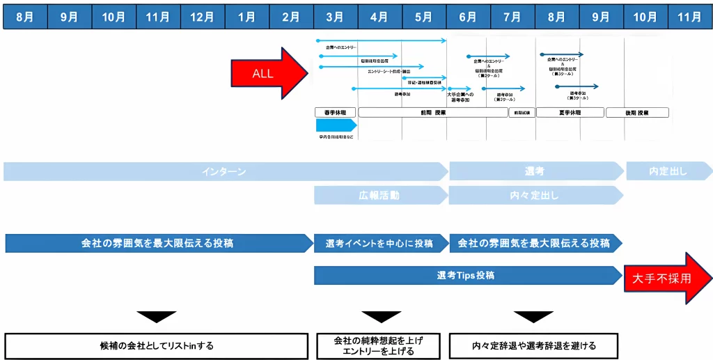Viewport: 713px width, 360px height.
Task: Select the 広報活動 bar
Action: pyautogui.click(x=379, y=195)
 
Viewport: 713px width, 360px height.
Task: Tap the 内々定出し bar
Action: pyautogui.click(x=534, y=195)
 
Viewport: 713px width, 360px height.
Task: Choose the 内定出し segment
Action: pyautogui.click(x=668, y=171)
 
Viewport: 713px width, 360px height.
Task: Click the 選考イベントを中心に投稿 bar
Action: pyautogui.click(x=379, y=243)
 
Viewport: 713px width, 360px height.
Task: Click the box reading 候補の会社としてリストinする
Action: pyautogui.click(x=156, y=345)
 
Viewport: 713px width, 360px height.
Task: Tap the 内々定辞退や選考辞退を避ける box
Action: pyautogui.click(x=533, y=345)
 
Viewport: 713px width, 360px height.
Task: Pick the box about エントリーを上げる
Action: pyautogui.click(x=379, y=345)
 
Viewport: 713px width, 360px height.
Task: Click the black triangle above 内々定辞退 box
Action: pyautogui.click(x=533, y=316)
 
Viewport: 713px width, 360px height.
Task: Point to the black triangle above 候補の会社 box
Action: pyautogui.click(x=156, y=316)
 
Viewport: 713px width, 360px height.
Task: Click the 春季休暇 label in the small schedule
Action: pyautogui.click(x=336, y=112)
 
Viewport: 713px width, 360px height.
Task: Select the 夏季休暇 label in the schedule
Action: pyautogui.click(x=570, y=112)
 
